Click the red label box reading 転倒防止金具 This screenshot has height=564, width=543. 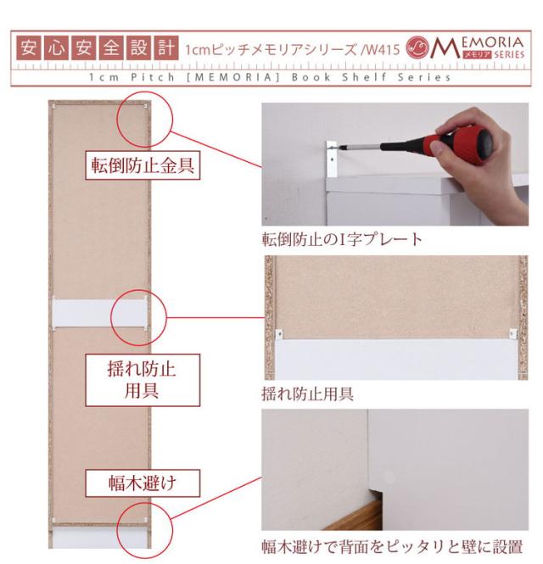click(x=143, y=165)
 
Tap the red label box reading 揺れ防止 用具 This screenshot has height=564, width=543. click(x=143, y=380)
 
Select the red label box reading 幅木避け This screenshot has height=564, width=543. click(x=143, y=483)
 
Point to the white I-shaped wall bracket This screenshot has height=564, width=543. click(x=332, y=159)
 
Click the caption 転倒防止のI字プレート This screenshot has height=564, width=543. click(x=342, y=239)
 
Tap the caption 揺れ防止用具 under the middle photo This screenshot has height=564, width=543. click(x=308, y=394)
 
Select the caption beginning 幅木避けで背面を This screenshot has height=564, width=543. click(x=392, y=547)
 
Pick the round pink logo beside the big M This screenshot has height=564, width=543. click(x=417, y=47)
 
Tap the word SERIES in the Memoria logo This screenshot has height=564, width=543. click(x=509, y=54)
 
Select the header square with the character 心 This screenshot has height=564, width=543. click(x=56, y=47)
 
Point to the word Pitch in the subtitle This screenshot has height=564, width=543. click(x=153, y=77)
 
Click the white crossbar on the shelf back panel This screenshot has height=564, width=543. click(x=99, y=312)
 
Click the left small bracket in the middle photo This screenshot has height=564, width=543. click(x=279, y=334)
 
